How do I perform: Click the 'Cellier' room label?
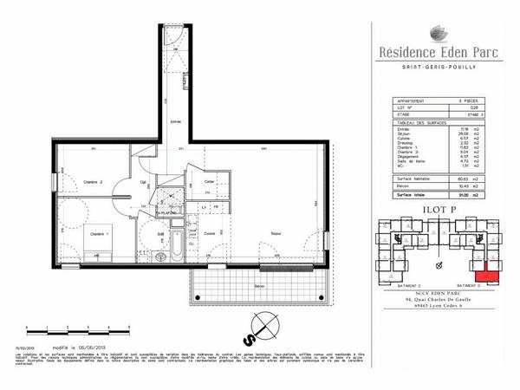(209, 180)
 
